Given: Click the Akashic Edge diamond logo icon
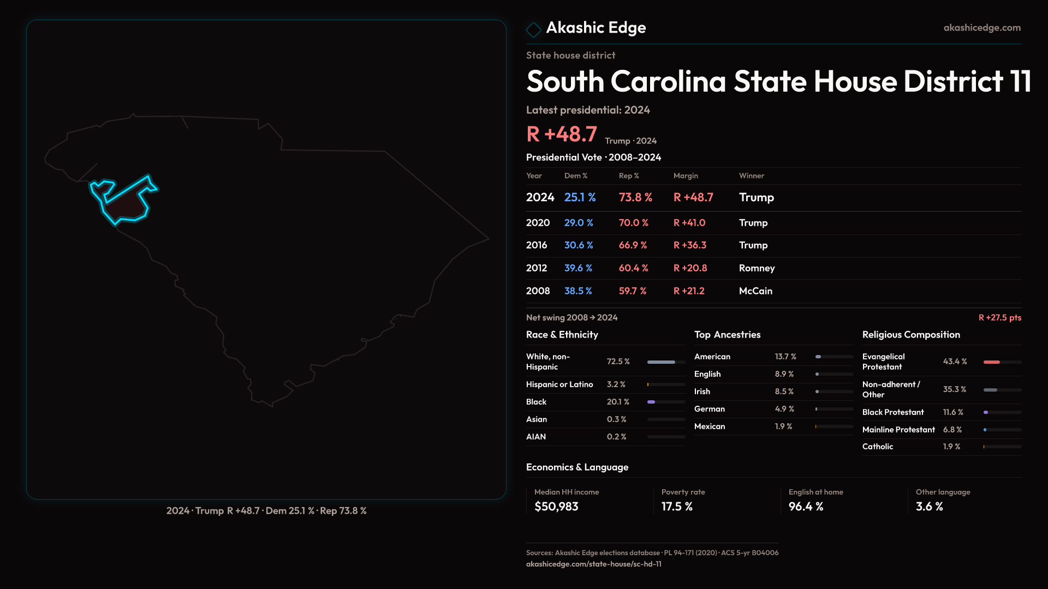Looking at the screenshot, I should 533,29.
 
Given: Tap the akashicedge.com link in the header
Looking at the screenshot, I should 982,28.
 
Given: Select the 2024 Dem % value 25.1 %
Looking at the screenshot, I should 580,197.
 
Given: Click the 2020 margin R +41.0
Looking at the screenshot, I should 689,223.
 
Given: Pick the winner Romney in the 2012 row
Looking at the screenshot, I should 757,268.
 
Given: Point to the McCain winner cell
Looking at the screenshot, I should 755,291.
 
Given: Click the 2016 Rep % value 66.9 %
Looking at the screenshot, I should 633,245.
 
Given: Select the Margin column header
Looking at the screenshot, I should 686,176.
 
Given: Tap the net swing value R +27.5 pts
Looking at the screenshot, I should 999,317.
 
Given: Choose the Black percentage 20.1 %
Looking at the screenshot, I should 618,402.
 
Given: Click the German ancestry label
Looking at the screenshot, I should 710,409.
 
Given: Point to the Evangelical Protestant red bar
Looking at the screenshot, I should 992,362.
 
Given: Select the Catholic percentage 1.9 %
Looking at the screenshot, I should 951,447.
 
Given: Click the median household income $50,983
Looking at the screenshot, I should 556,507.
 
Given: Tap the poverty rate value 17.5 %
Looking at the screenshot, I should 677,507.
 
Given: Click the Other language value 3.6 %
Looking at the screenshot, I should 929,507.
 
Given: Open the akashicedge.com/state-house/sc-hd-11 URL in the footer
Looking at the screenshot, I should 593,564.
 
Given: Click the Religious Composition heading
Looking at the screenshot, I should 911,335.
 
